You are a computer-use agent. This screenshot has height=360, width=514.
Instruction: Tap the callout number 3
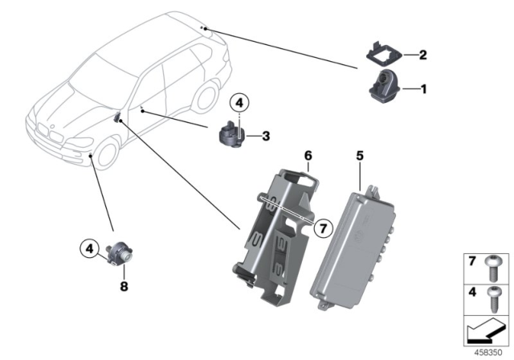click(x=264, y=136)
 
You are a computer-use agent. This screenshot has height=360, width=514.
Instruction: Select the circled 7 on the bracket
click(x=320, y=229)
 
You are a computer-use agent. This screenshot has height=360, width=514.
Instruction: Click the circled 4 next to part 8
click(x=92, y=247)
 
